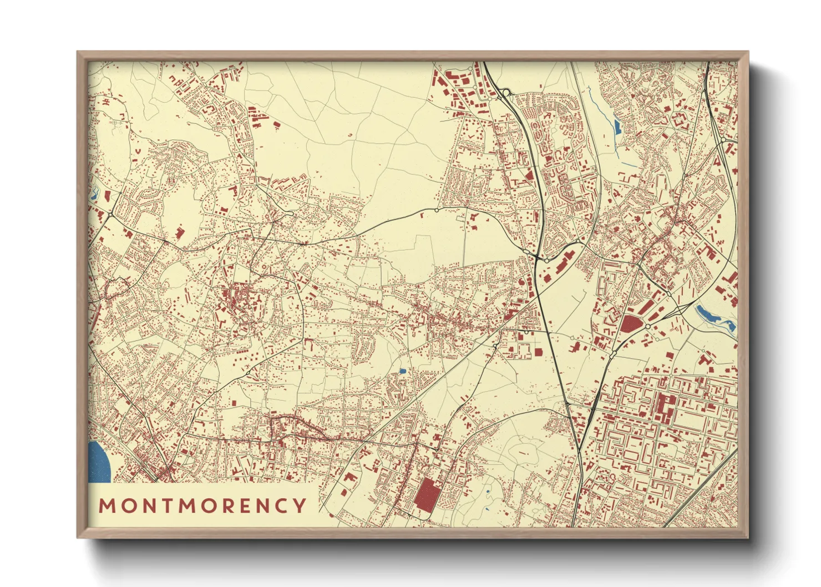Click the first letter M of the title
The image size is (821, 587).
pyautogui.click(x=107, y=505)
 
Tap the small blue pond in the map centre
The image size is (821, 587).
pyautogui.click(x=402, y=371)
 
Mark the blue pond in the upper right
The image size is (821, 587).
pyautogui.click(x=617, y=127)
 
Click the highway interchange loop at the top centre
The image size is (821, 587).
pyautogui.click(x=506, y=93)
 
